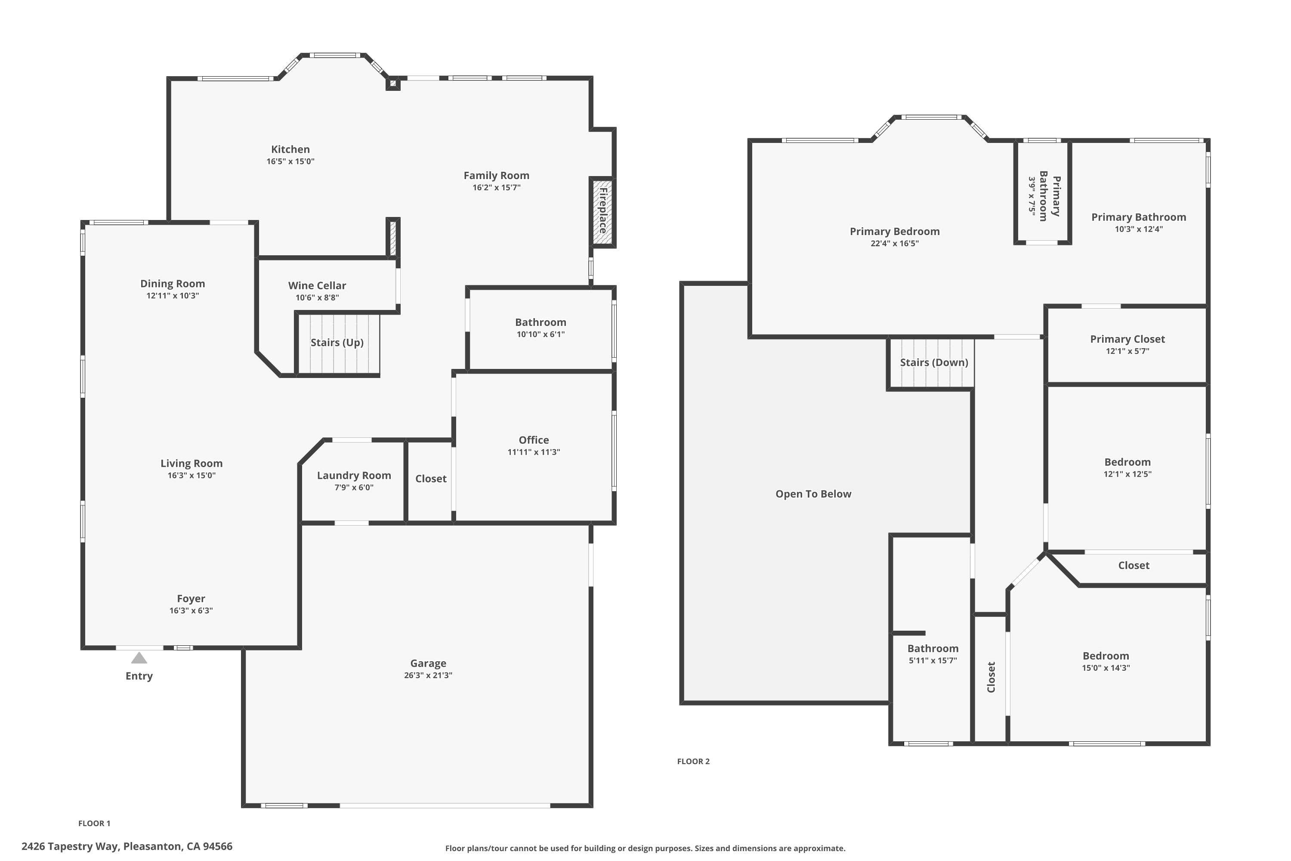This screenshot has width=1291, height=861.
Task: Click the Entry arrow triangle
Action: (x=139, y=658)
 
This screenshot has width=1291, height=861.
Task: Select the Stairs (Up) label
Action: (x=337, y=343)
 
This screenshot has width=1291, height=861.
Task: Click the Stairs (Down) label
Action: (x=934, y=362)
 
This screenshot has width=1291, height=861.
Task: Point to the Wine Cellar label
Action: (x=317, y=285)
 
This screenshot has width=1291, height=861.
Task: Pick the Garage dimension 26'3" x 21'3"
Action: (x=428, y=675)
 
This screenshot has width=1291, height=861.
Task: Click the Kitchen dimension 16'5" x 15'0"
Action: (x=290, y=161)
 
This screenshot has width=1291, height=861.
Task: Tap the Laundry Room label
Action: (x=354, y=476)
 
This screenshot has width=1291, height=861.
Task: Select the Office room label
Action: (x=534, y=440)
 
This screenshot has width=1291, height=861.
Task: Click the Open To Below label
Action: (x=813, y=494)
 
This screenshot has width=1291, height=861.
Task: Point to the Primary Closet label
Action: (x=1127, y=339)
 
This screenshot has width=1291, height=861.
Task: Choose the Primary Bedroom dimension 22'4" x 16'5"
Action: (x=894, y=243)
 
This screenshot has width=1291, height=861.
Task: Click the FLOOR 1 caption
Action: (x=94, y=823)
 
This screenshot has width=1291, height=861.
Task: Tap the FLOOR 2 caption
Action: (x=693, y=761)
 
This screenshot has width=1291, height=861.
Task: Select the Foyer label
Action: (x=191, y=598)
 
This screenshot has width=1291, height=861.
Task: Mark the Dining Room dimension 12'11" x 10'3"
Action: (x=173, y=295)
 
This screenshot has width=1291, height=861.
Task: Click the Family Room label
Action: (x=496, y=176)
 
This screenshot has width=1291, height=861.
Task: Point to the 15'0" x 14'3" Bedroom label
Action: (x=1106, y=656)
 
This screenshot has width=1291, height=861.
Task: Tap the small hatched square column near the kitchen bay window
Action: (x=392, y=84)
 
